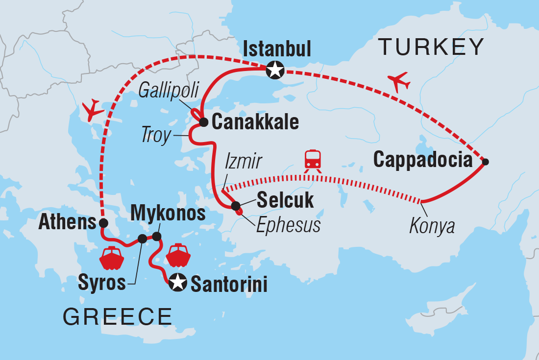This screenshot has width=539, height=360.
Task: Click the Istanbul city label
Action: pos(277,50)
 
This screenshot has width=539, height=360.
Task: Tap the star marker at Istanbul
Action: pos(274,71)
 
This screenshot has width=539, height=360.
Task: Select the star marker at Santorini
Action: pos(177,283)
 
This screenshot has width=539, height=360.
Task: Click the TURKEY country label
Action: pos(431,47)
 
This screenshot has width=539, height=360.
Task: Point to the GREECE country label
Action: pos(117,317)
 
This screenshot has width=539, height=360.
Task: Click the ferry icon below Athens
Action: pos(112,258)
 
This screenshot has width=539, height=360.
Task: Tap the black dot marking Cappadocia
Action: pos(485,162)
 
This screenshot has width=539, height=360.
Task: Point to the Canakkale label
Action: pos(255,122)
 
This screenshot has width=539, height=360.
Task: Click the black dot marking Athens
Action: pos(103,222)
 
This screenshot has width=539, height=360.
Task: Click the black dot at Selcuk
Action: pos(235,206)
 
